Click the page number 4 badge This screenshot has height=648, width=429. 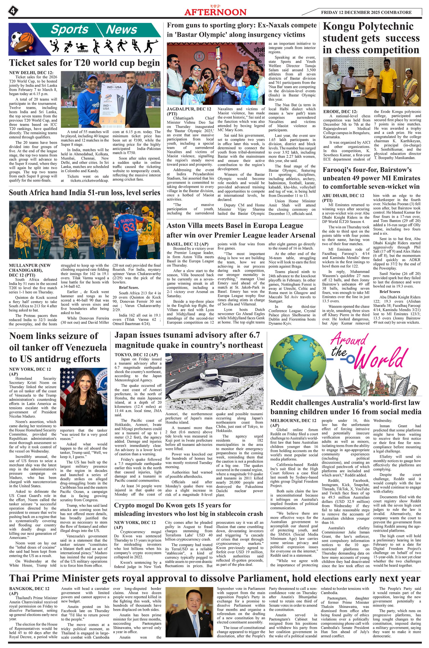[13, 11]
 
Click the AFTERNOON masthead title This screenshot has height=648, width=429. [215, 12]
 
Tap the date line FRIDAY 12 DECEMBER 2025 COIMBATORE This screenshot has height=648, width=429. [366, 12]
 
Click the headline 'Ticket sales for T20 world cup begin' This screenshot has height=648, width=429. [85, 63]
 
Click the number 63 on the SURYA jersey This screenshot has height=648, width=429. [128, 227]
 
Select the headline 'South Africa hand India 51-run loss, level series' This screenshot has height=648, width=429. [85, 192]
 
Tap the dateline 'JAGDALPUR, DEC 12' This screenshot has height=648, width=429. [189, 109]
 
